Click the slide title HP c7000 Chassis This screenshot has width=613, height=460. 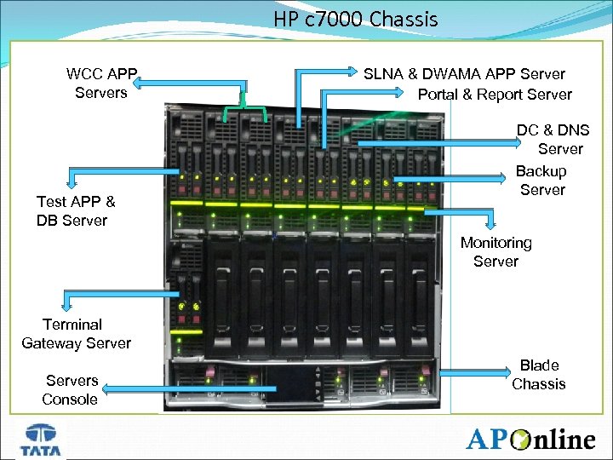[x=356, y=19]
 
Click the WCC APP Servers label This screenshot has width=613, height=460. [x=101, y=83]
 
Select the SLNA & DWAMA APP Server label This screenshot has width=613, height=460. [x=464, y=74]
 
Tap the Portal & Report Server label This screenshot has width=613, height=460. [x=495, y=95]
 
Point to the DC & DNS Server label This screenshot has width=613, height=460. [x=554, y=139]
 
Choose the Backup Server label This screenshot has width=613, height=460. [x=541, y=180]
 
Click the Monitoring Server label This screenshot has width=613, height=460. [x=496, y=251]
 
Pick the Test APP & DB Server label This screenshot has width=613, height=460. [x=75, y=210]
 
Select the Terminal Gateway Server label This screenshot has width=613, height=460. [x=76, y=333]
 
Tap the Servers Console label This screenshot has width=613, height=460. [x=71, y=389]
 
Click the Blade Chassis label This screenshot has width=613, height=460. [x=538, y=374]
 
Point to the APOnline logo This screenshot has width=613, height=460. [x=530, y=440]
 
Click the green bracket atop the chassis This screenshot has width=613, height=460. [x=245, y=111]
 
